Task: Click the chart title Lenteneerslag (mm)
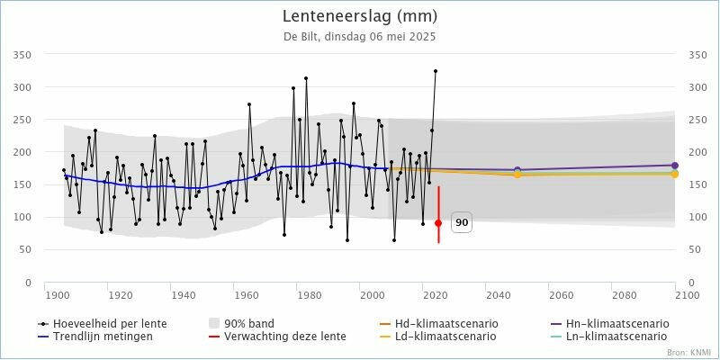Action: point(359,16)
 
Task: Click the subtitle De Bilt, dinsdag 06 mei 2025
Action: point(359,37)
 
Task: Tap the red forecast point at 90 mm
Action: point(438,223)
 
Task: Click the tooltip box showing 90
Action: point(462,223)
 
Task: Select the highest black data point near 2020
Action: point(436,71)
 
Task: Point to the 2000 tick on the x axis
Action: point(373,294)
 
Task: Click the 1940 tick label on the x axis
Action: point(184,294)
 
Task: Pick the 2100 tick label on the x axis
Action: point(687,294)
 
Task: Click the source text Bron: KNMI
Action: point(689,352)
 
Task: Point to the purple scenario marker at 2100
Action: point(675,165)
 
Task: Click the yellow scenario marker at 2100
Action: point(675,174)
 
